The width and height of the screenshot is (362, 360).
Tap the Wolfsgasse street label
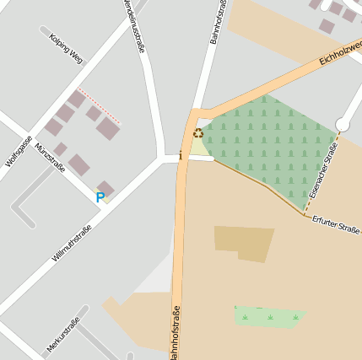click(x=19, y=150)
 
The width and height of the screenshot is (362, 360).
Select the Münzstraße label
click(x=51, y=157)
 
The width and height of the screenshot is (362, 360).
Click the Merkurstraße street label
click(x=63, y=335)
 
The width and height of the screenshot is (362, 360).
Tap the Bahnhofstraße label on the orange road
click(x=175, y=334)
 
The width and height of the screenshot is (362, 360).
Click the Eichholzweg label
click(x=341, y=51)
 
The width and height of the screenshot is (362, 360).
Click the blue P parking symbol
click(x=100, y=198)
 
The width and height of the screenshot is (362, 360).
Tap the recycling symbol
click(x=198, y=133)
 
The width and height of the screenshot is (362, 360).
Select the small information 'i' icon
click(x=180, y=155)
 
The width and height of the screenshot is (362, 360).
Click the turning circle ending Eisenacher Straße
click(x=343, y=125)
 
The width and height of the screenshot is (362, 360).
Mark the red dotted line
click(x=99, y=106)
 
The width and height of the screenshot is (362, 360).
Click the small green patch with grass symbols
click(x=268, y=317)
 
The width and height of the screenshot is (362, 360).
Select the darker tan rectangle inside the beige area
click(x=244, y=243)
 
